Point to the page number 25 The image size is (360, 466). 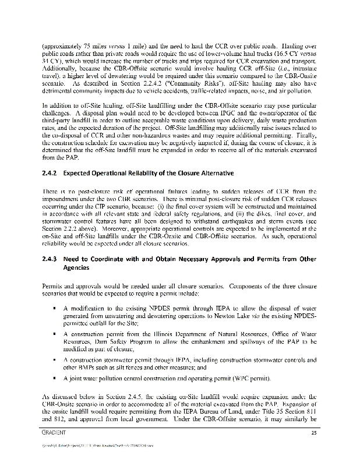(x=314, y=433)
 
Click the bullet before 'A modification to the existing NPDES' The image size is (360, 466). (x=54, y=308)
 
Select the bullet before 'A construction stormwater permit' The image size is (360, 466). (x=54, y=361)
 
